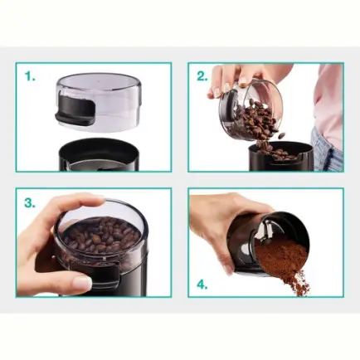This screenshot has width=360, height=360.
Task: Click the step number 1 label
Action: (x=30, y=75)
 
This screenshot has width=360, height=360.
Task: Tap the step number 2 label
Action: (x=202, y=75)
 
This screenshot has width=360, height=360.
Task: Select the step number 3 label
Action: (x=30, y=203)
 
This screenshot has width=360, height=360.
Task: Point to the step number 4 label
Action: (x=202, y=285)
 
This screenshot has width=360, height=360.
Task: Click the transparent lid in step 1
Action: (x=100, y=100)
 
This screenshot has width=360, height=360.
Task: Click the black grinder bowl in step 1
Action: (x=99, y=155)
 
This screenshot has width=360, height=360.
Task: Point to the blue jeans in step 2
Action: (x=326, y=149)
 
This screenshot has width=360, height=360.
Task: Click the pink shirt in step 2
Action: (x=330, y=102)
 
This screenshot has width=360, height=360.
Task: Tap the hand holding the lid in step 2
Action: (x=238, y=80)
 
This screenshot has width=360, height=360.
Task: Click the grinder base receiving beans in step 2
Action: (x=280, y=157)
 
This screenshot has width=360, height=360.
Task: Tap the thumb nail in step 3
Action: (x=82, y=282)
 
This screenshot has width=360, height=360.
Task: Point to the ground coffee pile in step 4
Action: (x=280, y=259)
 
